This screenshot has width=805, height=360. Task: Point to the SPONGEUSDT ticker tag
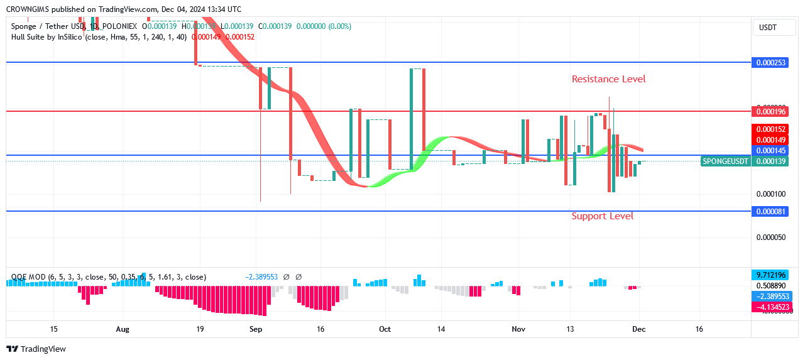pos(725,161)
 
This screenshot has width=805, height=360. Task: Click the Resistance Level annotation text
pos(608,79)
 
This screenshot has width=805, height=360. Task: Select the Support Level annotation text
pos(602,216)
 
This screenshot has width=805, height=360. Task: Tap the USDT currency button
pos(767,28)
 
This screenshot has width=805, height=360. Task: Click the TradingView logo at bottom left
pos(36,349)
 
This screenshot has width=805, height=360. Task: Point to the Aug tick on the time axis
pos(123,329)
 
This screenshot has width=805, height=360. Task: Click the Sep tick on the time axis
pos(255,329)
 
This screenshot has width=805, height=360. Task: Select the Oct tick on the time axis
pos(385,329)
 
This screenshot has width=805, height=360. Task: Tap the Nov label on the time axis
pos(518,329)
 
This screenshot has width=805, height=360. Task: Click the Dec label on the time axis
pos(639,329)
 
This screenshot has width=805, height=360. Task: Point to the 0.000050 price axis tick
pos(769,237)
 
